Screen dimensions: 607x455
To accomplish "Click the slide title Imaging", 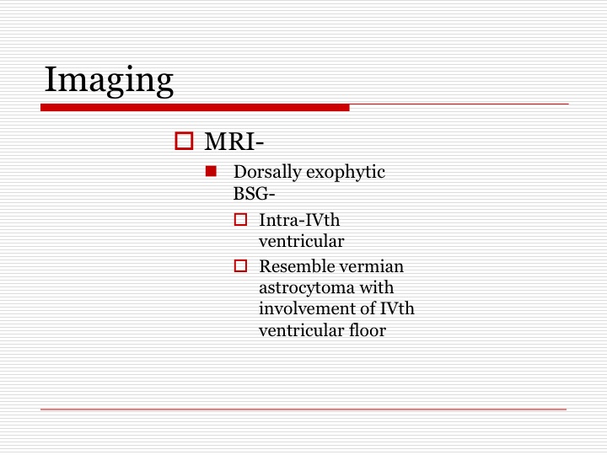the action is pyautogui.click(x=109, y=81).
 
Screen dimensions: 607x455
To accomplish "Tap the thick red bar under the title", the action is pyautogui.click(x=195, y=108).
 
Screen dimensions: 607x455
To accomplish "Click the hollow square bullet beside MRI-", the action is pyautogui.click(x=184, y=141).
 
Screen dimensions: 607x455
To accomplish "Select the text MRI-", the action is pyautogui.click(x=234, y=142).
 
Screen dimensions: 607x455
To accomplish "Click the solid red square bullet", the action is pyautogui.click(x=211, y=171).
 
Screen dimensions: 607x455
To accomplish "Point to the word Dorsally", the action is pyautogui.click(x=267, y=172).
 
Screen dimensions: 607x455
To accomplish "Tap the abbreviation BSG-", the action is pyautogui.click(x=254, y=194).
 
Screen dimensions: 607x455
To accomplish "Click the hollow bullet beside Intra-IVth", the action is pyautogui.click(x=240, y=220).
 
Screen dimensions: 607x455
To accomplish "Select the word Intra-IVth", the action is pyautogui.click(x=299, y=220).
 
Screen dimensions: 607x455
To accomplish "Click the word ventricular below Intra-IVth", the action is pyautogui.click(x=301, y=242).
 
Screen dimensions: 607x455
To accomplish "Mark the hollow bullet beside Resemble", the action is pyautogui.click(x=240, y=265).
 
